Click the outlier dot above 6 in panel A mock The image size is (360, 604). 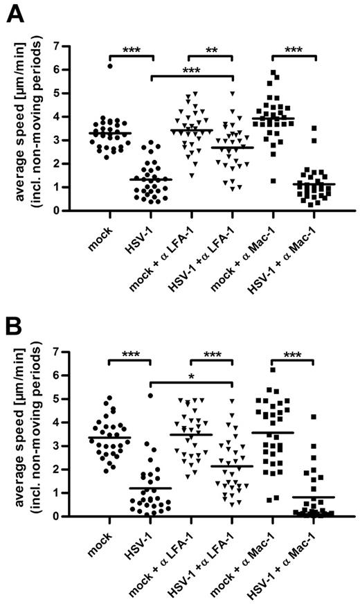pos(110,66)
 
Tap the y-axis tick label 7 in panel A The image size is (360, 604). pos(64,47)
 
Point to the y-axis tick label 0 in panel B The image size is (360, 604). pos(64,516)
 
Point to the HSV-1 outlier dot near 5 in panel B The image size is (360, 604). pos(148,396)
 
